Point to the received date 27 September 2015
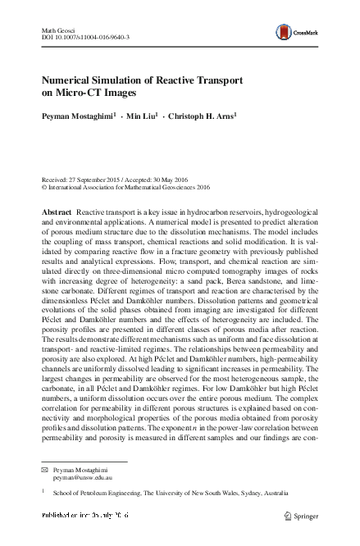click(95, 178)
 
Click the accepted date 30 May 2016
click(183, 178)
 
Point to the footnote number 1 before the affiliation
click(43, 491)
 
